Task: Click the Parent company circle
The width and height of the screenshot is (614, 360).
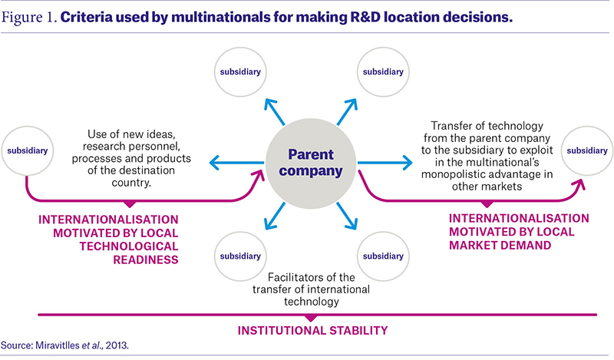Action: [311, 163]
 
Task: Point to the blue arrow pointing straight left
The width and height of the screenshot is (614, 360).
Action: [237, 163]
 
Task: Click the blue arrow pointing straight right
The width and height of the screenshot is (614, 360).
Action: [385, 163]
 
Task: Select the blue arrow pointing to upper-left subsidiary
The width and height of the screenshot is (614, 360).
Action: [275, 111]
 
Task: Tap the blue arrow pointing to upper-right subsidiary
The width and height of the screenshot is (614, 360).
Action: [347, 111]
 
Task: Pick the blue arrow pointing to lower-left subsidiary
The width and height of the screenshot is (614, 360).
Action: [275, 216]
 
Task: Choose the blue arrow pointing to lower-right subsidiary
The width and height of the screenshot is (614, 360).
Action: [347, 216]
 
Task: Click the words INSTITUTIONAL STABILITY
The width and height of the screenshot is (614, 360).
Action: [312, 331]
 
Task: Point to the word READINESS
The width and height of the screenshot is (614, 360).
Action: [146, 259]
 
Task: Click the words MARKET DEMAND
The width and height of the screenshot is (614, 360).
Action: [500, 245]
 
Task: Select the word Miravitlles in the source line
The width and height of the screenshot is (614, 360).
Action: [57, 345]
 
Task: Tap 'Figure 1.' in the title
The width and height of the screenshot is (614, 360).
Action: [29, 18]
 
